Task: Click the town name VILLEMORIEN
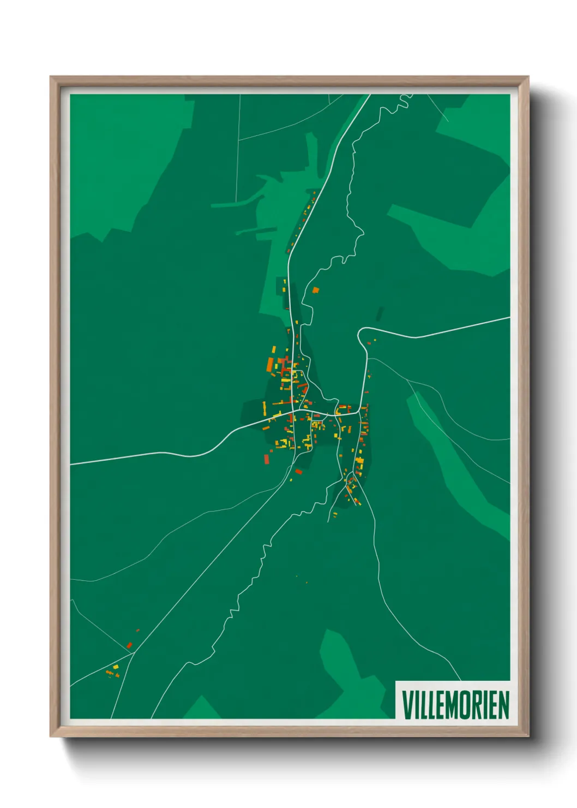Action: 455,704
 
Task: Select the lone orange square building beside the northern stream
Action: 315,290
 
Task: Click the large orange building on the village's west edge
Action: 269,364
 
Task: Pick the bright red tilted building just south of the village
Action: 298,471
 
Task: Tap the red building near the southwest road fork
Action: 130,645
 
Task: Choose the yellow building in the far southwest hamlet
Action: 116,667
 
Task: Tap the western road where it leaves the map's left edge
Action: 71,464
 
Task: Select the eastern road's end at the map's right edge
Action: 509,318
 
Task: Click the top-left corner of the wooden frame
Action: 51,77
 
